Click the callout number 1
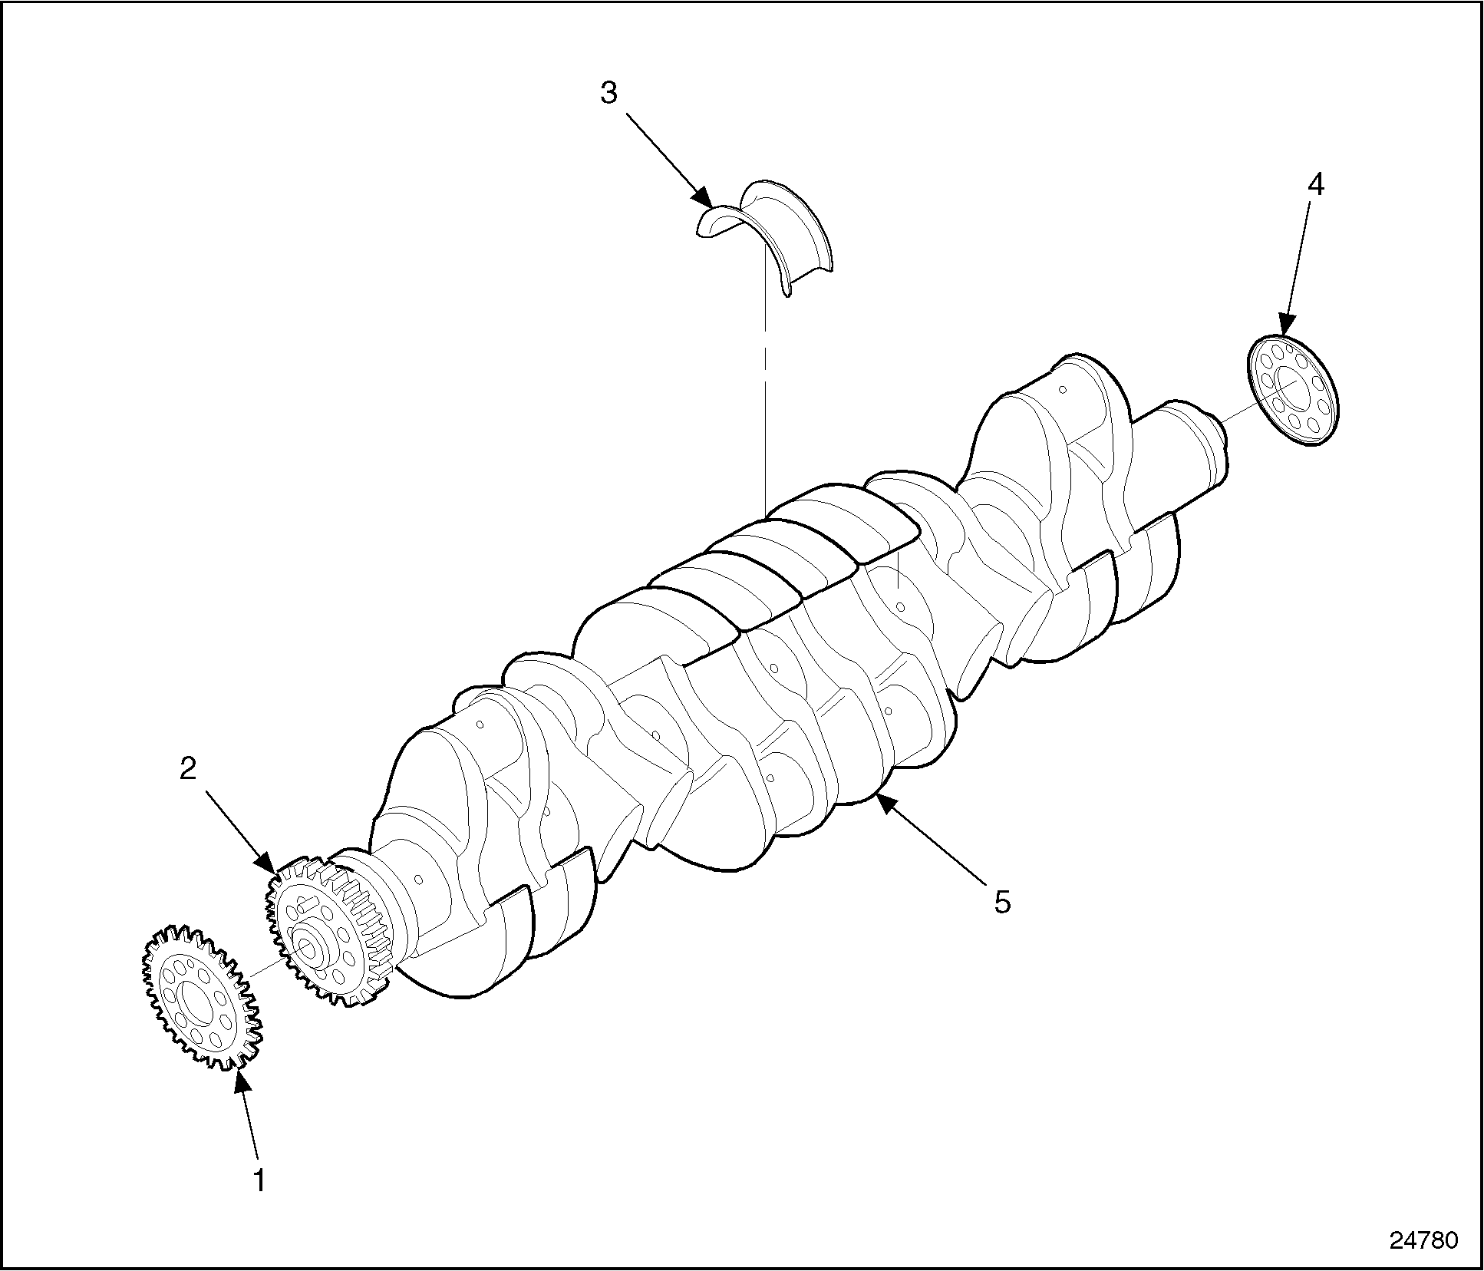click(260, 1180)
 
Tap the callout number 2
click(188, 769)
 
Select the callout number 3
click(608, 94)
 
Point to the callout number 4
click(1316, 185)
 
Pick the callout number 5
click(1002, 903)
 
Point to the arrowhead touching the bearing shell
click(703, 198)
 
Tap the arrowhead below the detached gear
click(242, 1081)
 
